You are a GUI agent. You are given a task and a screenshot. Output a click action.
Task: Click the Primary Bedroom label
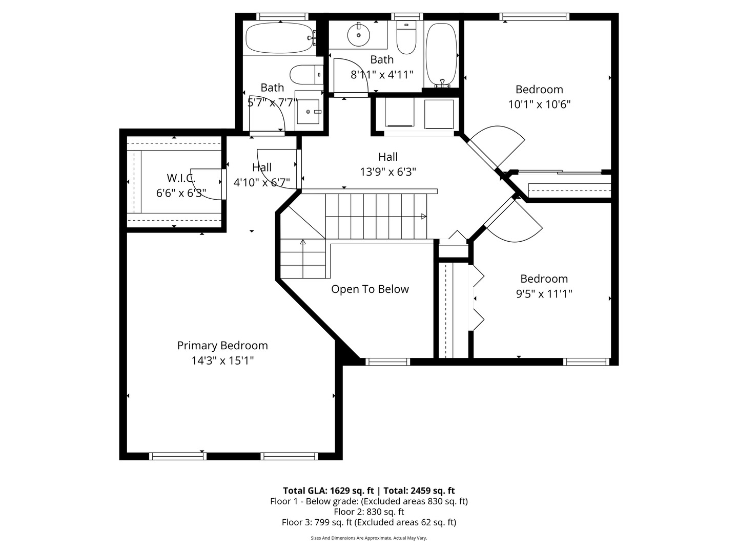tap(222, 346)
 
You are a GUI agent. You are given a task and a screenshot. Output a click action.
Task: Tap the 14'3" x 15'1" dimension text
tap(222, 360)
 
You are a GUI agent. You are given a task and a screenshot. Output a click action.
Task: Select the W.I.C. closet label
tap(181, 178)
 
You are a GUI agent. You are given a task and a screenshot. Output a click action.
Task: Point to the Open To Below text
tap(370, 289)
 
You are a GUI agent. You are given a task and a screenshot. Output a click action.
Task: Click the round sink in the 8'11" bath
tap(359, 35)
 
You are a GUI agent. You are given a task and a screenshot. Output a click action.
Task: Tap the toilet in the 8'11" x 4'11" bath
tap(406, 37)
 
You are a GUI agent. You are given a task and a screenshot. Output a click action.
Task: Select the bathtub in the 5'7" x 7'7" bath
tap(280, 37)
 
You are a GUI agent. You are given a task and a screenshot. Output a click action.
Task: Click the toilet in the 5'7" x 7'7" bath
tap(306, 75)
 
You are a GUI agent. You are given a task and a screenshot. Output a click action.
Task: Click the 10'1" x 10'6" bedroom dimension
tap(539, 104)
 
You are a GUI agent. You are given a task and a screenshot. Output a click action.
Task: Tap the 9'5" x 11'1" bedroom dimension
tap(544, 294)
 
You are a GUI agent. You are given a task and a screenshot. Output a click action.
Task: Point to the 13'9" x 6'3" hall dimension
tap(388, 172)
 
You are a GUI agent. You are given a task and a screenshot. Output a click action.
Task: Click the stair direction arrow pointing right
tap(424, 217)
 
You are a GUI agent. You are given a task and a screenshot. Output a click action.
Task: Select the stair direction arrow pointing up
tap(303, 242)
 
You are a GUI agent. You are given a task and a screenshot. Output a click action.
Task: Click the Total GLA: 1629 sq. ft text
tap(328, 491)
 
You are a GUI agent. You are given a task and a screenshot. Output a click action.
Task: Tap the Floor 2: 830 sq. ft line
tap(369, 512)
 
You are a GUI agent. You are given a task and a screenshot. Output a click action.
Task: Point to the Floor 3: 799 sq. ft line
tap(369, 522)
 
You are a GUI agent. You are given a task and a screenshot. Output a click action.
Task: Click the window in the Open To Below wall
tap(387, 361)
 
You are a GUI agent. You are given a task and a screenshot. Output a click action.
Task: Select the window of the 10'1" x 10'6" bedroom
tap(534, 17)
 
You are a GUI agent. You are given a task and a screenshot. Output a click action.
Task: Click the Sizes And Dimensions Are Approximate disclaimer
tap(369, 538)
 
